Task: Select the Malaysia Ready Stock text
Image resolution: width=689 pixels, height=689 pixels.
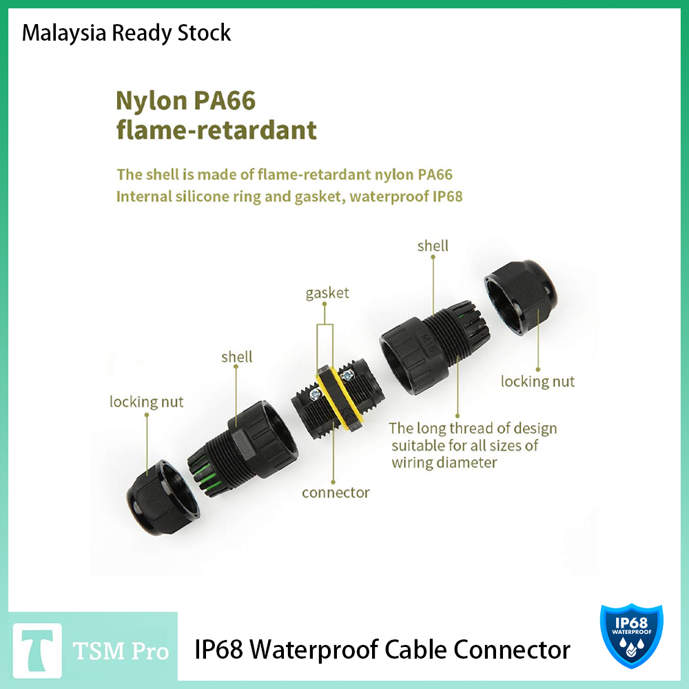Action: (x=126, y=32)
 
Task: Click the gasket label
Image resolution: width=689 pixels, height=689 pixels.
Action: (x=327, y=293)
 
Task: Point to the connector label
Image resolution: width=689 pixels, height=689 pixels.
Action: (x=336, y=493)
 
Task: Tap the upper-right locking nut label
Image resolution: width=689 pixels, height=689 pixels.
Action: (x=537, y=381)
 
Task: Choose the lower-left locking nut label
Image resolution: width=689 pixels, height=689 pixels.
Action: (x=147, y=402)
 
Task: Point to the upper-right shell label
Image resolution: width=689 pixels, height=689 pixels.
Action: (x=433, y=246)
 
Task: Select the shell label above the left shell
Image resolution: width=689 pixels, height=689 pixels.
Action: (x=236, y=357)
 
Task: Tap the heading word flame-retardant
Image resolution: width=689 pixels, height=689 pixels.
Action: (x=216, y=130)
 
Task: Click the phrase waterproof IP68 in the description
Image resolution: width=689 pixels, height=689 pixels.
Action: (x=406, y=196)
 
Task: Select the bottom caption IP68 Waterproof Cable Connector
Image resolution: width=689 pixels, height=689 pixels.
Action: (x=382, y=649)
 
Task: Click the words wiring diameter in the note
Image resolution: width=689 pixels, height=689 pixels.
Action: (x=444, y=462)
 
